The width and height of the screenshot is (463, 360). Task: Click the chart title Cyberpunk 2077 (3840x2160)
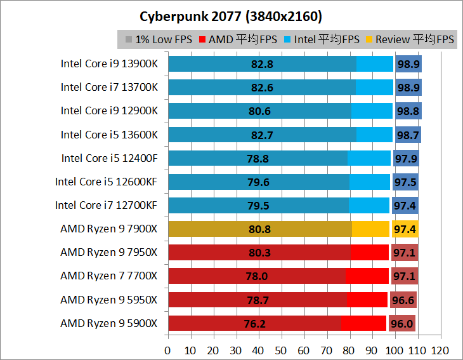[231, 15]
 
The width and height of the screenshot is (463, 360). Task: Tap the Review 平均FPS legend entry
[410, 39]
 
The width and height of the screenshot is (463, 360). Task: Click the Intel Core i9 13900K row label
[109, 63]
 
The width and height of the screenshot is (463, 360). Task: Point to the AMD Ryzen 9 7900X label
[109, 228]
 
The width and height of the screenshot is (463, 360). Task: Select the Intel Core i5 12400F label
[109, 158]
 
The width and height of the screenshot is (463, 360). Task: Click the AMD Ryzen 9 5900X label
[109, 323]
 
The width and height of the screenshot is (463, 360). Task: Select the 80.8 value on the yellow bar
[260, 229]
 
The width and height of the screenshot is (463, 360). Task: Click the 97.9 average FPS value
[405, 158]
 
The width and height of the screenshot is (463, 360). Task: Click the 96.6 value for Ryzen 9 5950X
[403, 300]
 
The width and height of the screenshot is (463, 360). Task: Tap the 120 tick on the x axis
[440, 350]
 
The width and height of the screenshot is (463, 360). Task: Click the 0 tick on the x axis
[167, 350]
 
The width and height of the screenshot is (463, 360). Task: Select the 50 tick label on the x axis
[281, 350]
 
